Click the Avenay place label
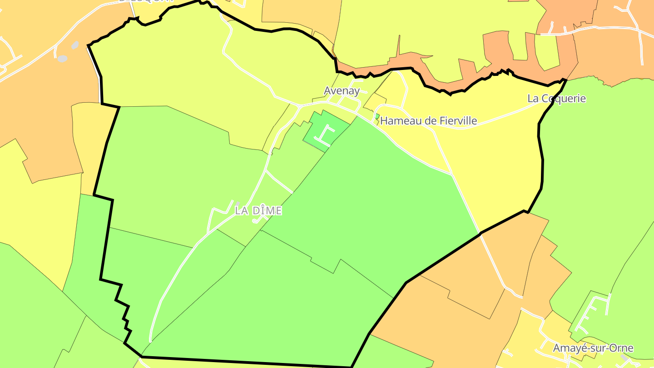point(342,91)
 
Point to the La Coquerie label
point(556,99)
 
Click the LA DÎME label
point(258,211)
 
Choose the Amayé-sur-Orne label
point(593,348)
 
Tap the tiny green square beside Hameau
point(377,116)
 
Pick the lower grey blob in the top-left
point(62,59)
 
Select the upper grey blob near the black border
point(75,45)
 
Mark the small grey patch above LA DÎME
point(237,204)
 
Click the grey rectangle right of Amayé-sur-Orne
point(625,358)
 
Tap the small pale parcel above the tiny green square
point(375,101)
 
